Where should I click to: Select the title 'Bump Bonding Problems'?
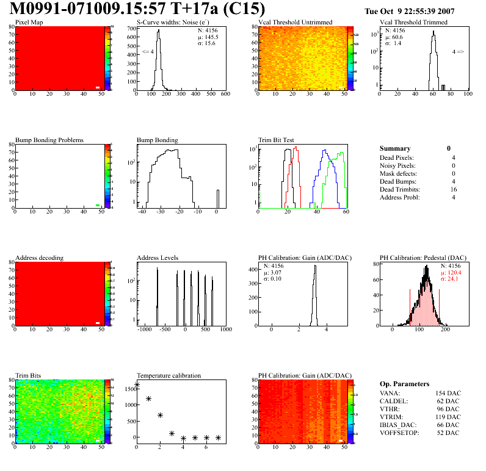(49, 140)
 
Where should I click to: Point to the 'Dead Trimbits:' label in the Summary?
(401, 189)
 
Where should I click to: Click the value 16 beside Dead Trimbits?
(451, 189)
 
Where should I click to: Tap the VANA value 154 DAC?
(444, 393)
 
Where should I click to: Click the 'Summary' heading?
(395, 148)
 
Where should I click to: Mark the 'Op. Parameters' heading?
(404, 384)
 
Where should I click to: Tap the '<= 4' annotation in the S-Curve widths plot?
(148, 52)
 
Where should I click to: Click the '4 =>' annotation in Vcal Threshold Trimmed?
(457, 52)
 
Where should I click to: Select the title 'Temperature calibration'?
(169, 375)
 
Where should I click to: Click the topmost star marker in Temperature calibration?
(137, 384)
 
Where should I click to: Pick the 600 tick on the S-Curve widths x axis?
(225, 94)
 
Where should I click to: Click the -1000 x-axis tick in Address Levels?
(145, 329)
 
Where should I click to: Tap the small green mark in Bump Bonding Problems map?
(98, 205)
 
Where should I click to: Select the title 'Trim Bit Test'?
(277, 140)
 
